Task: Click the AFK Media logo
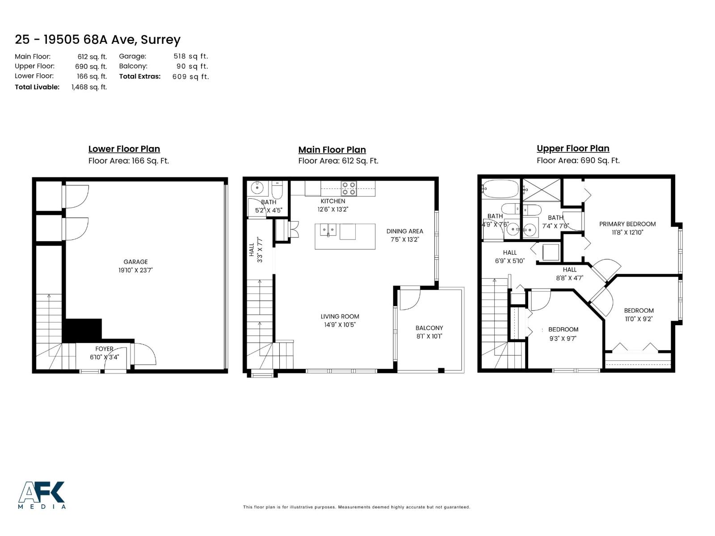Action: coord(42,495)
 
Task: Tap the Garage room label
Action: coord(135,262)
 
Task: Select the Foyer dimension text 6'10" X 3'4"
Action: coord(104,357)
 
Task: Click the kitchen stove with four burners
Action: coord(349,188)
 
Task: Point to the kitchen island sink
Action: coord(328,230)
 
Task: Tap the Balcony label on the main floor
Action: coord(429,328)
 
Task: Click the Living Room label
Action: coord(340,317)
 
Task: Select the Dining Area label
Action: coord(404,231)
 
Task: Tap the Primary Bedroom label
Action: coord(627,224)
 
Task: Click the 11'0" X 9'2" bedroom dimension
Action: coord(639,319)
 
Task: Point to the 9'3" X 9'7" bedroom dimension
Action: coord(563,339)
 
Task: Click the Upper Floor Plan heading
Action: coord(573,149)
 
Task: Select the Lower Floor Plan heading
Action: coord(124,149)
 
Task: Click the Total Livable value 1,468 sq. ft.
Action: coord(89,87)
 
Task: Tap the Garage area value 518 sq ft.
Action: coord(191,56)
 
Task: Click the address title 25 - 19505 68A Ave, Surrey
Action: coord(97,40)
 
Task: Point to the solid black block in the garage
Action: coord(80,331)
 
